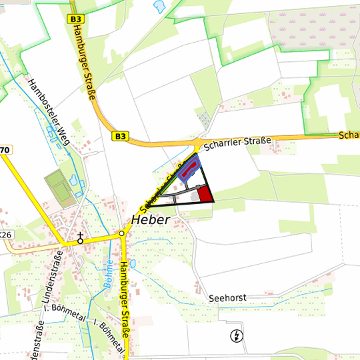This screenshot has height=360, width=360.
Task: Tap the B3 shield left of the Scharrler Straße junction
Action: click(x=120, y=136)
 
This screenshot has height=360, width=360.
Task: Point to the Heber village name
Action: click(x=151, y=219)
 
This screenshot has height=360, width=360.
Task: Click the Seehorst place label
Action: click(x=227, y=297)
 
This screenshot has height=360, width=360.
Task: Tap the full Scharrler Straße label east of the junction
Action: click(x=238, y=142)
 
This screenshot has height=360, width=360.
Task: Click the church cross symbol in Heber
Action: click(x=80, y=238)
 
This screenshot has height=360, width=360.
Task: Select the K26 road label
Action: click(x=6, y=235)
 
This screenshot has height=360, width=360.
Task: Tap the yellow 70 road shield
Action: click(x=5, y=150)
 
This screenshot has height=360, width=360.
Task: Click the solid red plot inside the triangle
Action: click(x=205, y=194)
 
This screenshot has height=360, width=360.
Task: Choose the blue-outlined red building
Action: click(x=189, y=169)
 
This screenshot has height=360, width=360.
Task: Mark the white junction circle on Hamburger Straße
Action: click(x=122, y=234)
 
